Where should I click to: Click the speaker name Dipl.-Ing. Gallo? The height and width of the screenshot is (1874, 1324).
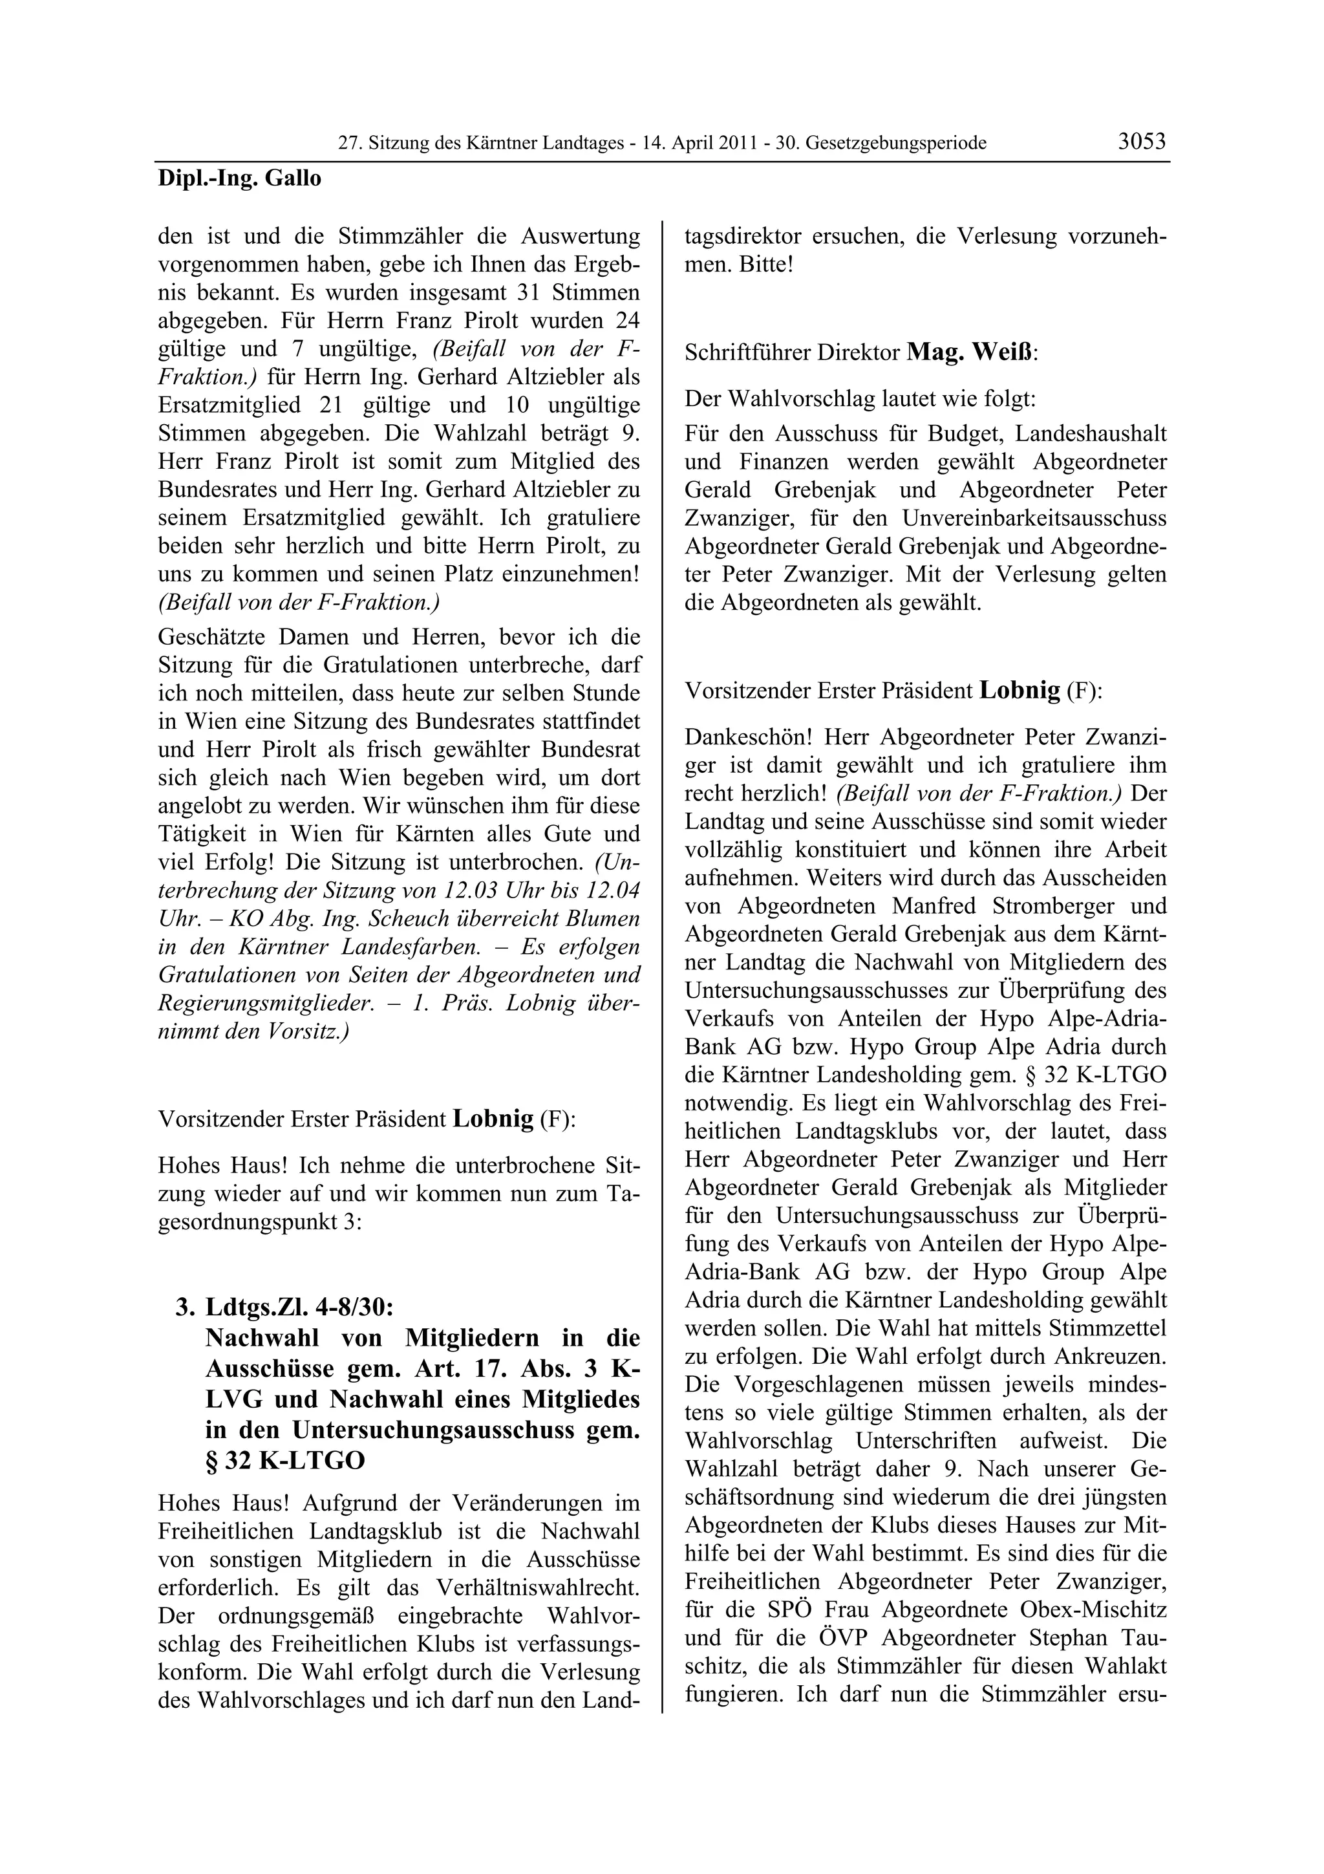click(239, 178)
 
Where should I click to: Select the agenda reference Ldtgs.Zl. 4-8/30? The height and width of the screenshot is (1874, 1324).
click(299, 1307)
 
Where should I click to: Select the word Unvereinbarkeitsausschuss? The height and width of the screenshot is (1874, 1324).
click(1034, 518)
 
